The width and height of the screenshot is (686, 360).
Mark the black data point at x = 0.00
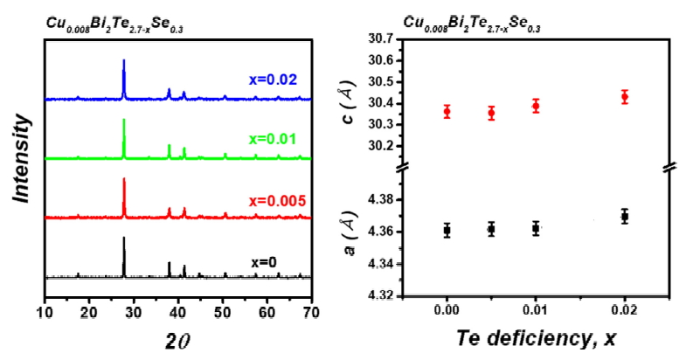(x=447, y=231)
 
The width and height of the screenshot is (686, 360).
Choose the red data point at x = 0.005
(x=491, y=113)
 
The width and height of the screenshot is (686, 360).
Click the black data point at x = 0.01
(x=536, y=229)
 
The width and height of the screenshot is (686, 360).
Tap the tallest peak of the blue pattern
(x=124, y=61)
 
